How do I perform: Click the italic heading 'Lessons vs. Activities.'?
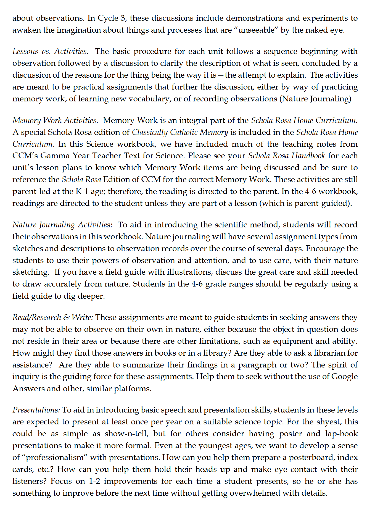tap(50, 51)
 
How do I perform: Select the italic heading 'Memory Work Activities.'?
tap(55, 120)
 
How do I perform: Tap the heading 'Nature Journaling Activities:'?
tap(62, 225)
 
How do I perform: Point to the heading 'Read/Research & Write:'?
tap(53, 317)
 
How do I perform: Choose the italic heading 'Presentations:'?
tap(36, 410)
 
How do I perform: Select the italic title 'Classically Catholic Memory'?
tap(180, 132)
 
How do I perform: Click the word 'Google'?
tap(344, 377)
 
